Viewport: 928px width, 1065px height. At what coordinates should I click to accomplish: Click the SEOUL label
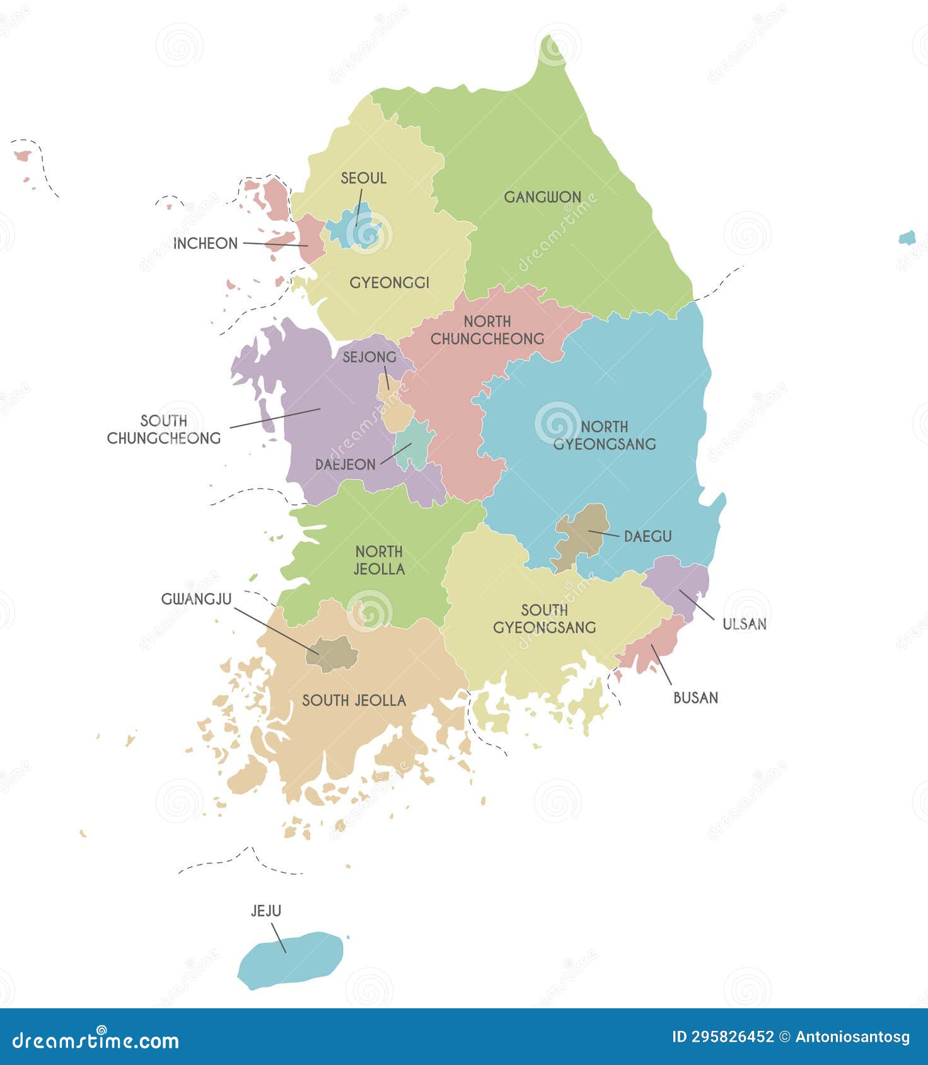point(363,178)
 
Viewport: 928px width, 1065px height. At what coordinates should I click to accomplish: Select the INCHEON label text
point(206,243)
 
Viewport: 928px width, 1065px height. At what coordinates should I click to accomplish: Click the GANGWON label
point(542,197)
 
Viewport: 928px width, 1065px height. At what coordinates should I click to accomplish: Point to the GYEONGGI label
point(389,283)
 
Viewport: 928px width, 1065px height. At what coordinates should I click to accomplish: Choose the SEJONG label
point(369,357)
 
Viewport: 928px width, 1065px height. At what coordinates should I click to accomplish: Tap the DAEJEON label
point(345,464)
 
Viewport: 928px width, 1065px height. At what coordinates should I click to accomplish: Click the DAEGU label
point(647,536)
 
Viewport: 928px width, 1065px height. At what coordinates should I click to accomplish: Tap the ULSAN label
point(744,624)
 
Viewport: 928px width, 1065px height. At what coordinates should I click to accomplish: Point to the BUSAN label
point(695,698)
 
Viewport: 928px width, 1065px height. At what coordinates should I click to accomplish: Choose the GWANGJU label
point(196,599)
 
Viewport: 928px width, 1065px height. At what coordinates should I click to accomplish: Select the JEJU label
point(266,911)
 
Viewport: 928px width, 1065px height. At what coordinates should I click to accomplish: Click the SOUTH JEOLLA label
point(354,700)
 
